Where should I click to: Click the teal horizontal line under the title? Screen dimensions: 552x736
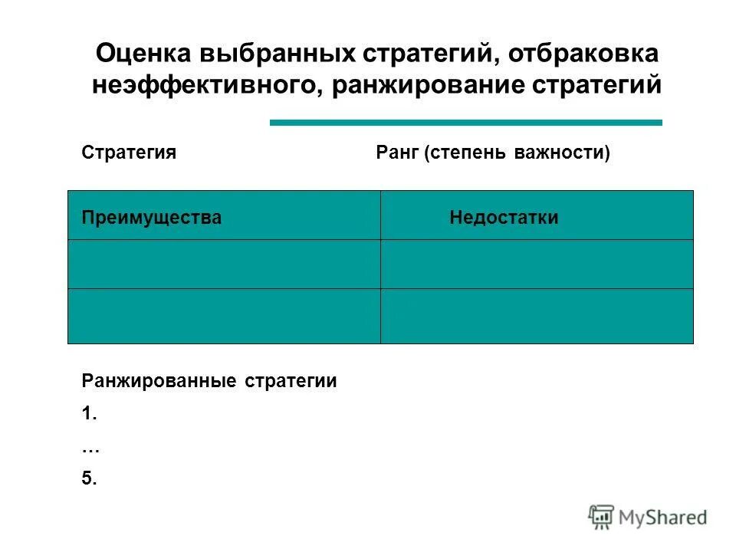[x=465, y=122]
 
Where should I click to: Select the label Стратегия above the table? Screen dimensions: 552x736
[x=129, y=153]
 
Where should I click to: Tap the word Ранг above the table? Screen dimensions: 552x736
[x=397, y=153]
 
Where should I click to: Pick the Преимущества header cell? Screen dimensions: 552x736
[x=224, y=215]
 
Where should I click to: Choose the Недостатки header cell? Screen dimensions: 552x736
[x=537, y=215]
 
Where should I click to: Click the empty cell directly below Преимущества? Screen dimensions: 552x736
[x=224, y=264]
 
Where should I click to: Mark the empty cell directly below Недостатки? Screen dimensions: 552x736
[x=537, y=264]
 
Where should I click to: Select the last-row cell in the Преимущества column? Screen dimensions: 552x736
[x=224, y=316]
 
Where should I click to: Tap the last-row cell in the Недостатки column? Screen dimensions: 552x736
[x=537, y=316]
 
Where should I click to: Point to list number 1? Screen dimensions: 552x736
[x=89, y=414]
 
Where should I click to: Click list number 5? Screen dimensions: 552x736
[x=89, y=479]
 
